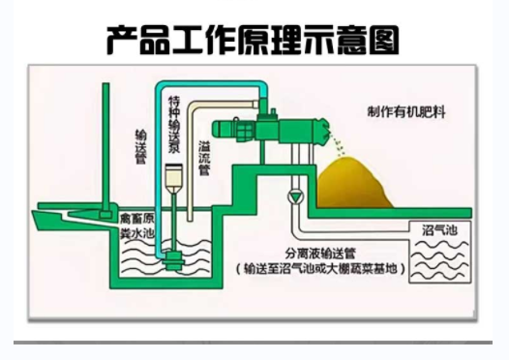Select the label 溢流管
click(x=204, y=156)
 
